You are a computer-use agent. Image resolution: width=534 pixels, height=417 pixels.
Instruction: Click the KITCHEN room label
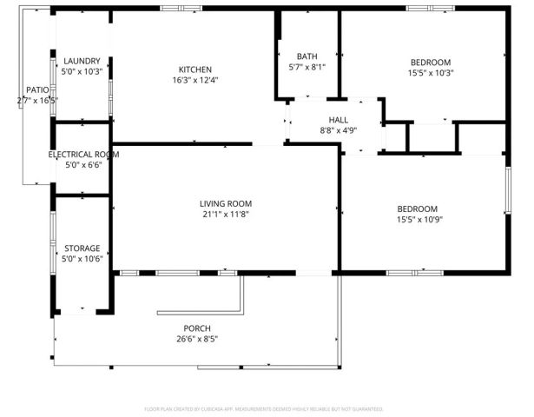click(x=195, y=69)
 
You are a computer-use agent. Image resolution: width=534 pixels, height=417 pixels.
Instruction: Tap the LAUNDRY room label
click(x=82, y=61)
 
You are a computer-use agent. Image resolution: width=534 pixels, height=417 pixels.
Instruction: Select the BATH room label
click(x=307, y=56)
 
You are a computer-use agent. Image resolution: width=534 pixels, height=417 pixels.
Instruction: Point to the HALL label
click(x=338, y=120)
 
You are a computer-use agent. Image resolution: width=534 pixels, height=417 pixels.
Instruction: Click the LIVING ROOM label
click(x=226, y=203)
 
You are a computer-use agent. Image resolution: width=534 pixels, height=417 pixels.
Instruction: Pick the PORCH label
click(x=196, y=328)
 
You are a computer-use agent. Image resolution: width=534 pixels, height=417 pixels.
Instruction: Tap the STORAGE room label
click(x=82, y=248)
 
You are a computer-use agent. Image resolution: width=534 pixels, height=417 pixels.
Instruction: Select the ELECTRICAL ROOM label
click(x=82, y=154)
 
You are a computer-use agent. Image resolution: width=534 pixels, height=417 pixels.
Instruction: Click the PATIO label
click(x=36, y=89)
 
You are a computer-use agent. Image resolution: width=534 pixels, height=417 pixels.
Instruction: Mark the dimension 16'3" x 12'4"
click(x=195, y=80)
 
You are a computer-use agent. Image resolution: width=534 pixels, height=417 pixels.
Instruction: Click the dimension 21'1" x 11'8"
click(x=226, y=214)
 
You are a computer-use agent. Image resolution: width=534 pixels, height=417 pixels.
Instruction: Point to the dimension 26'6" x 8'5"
click(x=196, y=339)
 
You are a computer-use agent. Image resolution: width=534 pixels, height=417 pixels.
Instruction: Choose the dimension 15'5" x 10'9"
click(x=418, y=219)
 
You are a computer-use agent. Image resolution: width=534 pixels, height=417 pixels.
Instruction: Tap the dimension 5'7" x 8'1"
click(x=307, y=66)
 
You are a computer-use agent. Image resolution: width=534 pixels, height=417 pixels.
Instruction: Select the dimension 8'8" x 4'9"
click(x=338, y=130)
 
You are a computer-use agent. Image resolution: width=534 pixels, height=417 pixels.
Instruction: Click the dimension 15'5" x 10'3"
click(x=431, y=72)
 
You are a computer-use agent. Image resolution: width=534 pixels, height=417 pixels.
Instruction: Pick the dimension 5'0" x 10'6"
click(x=82, y=258)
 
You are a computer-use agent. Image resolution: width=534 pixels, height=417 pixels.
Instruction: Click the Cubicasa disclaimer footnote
click(x=263, y=407)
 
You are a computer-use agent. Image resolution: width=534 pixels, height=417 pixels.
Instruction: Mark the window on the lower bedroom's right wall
click(x=507, y=189)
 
